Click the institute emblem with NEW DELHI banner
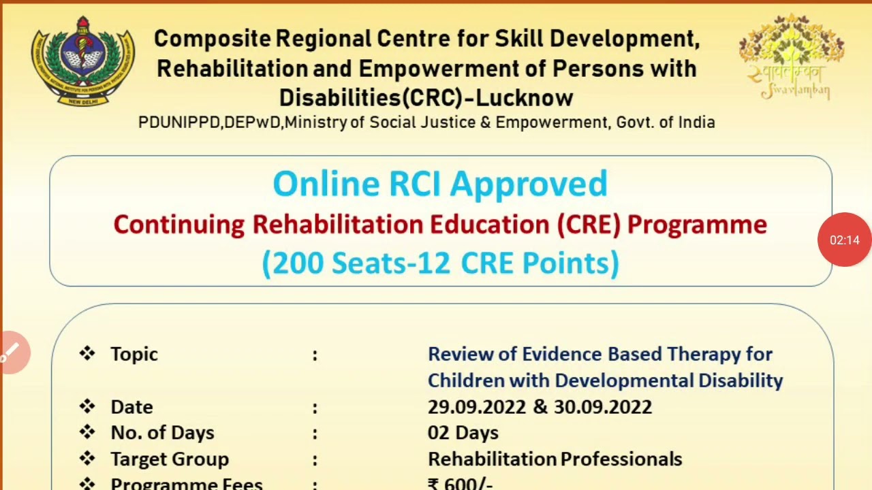pyautogui.click(x=82, y=61)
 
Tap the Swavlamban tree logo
pyautogui.click(x=791, y=56)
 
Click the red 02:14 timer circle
pyautogui.click(x=845, y=240)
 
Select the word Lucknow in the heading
pyautogui.click(x=525, y=98)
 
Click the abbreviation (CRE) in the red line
pyautogui.click(x=589, y=225)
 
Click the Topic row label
pyautogui.click(x=134, y=354)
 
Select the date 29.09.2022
pyautogui.click(x=477, y=407)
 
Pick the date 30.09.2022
pyautogui.click(x=603, y=407)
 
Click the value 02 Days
pyautogui.click(x=463, y=433)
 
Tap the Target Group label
pyautogui.click(x=170, y=459)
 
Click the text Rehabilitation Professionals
pyautogui.click(x=555, y=459)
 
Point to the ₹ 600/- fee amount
pyautogui.click(x=460, y=484)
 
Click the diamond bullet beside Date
pyautogui.click(x=87, y=406)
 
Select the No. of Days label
pyautogui.click(x=162, y=433)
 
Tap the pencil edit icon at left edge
pyautogui.click(x=11, y=353)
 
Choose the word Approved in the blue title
pyautogui.click(x=529, y=184)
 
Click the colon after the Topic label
pyautogui.click(x=315, y=355)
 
